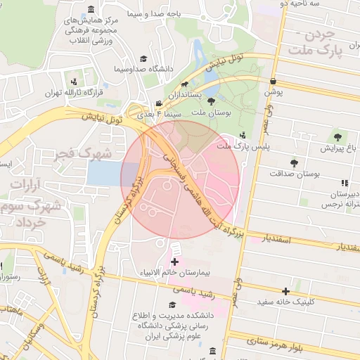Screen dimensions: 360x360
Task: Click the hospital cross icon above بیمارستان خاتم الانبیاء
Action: [174, 262]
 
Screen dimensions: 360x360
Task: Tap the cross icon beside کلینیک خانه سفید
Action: [285, 291]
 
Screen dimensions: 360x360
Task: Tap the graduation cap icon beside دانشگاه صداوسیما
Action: [143, 59]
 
